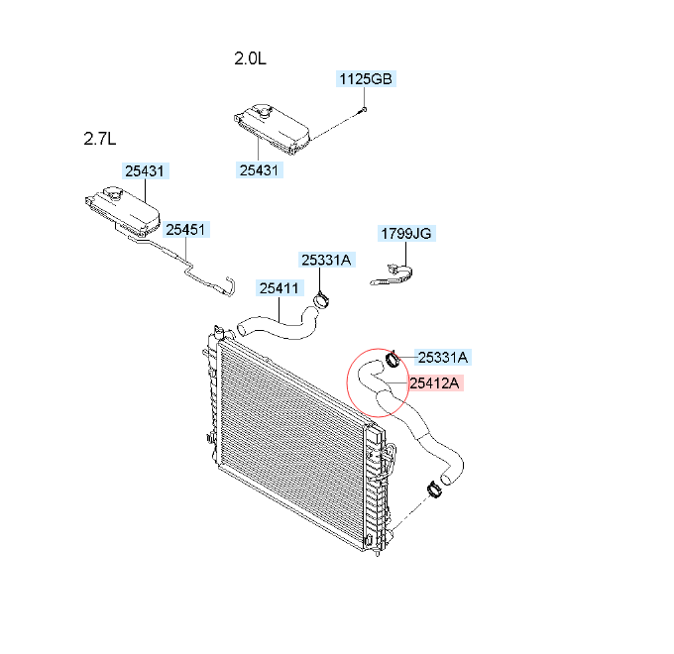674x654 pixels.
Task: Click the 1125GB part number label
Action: [x=366, y=79]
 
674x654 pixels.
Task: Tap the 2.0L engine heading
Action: [x=250, y=58]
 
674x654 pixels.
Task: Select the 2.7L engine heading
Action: [x=100, y=139]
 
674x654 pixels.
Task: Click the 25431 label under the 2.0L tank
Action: [x=260, y=170]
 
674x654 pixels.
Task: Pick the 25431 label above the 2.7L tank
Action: [x=145, y=171]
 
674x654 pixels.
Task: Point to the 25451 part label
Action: [x=185, y=230]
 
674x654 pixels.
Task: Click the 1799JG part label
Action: [x=406, y=233]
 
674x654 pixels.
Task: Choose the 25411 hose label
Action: [x=280, y=288]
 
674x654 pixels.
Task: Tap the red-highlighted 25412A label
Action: [x=434, y=382]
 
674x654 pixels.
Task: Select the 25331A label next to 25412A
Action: [x=443, y=357]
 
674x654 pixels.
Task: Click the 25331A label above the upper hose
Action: [x=327, y=260]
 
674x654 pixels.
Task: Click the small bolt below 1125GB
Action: [x=363, y=110]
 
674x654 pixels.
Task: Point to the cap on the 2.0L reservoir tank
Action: [x=261, y=111]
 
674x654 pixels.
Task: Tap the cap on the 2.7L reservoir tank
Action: [x=113, y=194]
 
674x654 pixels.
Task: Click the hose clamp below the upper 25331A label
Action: [x=322, y=300]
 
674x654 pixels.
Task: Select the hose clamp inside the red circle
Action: [x=393, y=360]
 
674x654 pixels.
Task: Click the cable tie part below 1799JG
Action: [x=393, y=275]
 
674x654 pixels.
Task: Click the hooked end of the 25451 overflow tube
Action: [x=230, y=285]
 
